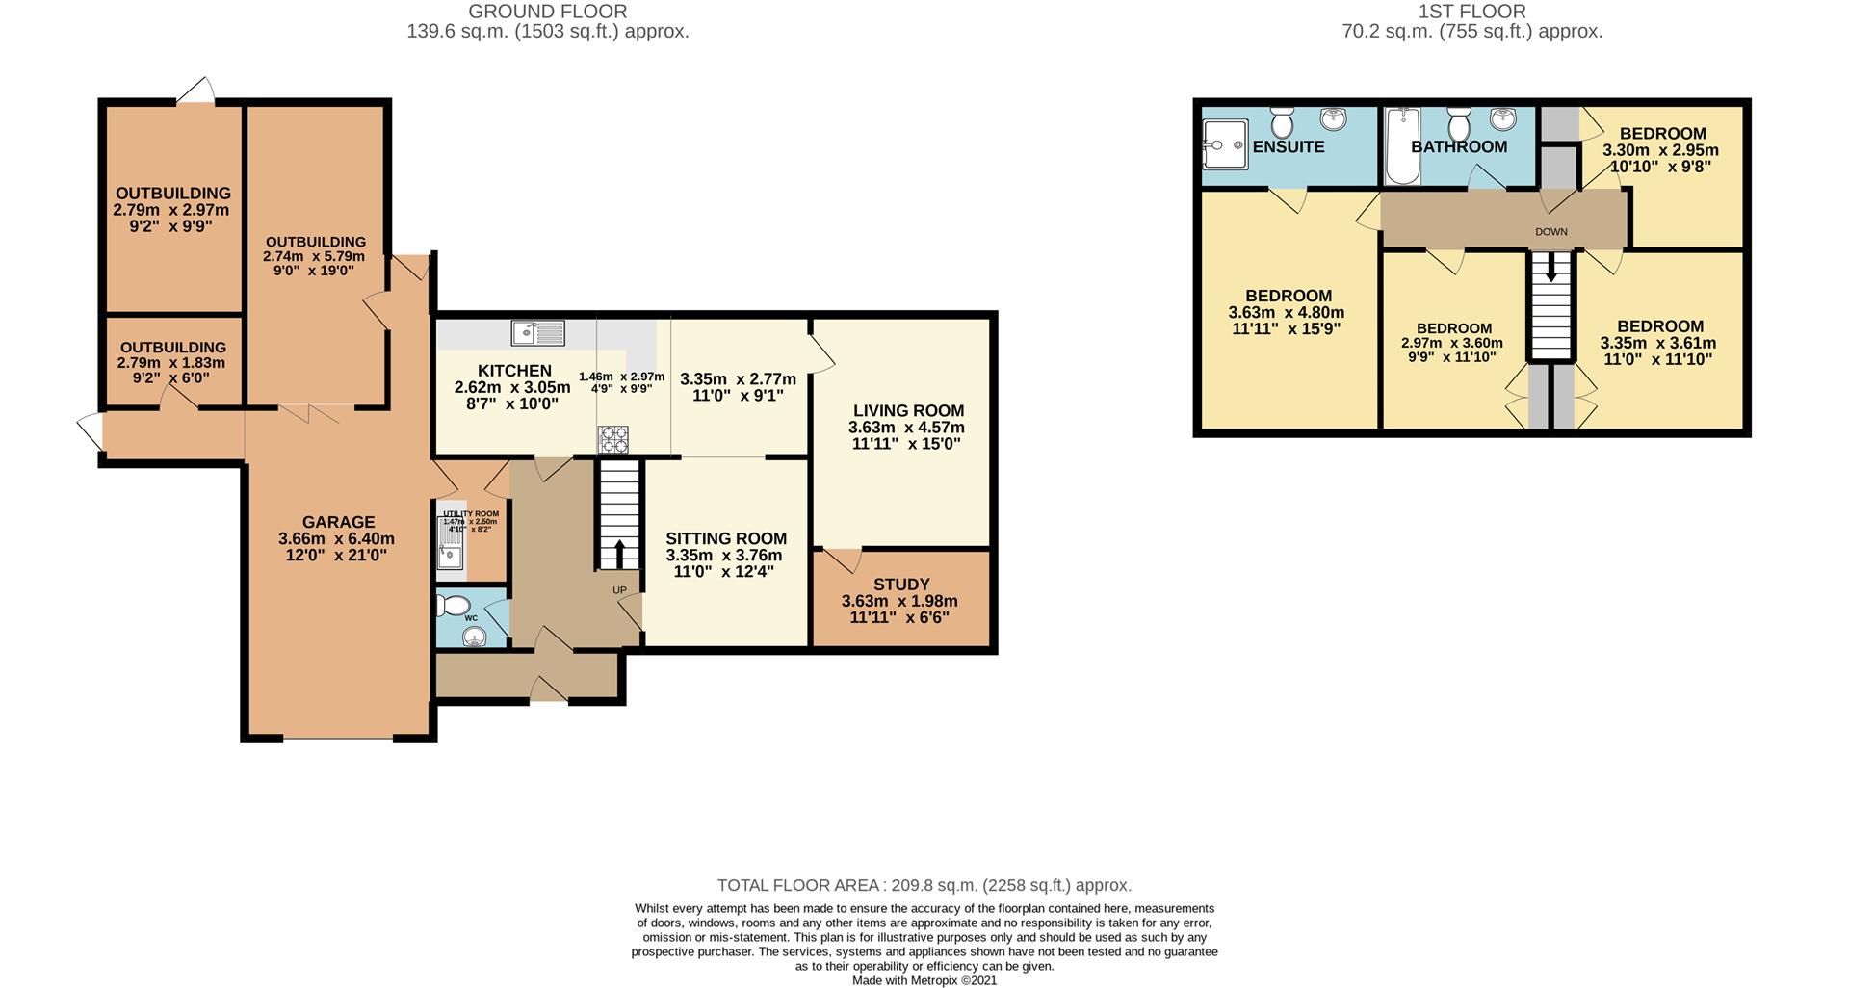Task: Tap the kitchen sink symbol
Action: [538, 333]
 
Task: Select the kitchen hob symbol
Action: [613, 439]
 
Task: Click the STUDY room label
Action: [901, 585]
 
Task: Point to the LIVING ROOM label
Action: [907, 411]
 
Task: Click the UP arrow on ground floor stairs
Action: [617, 553]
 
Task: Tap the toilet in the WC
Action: [450, 605]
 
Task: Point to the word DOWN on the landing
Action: [1550, 232]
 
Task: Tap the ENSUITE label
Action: [1289, 147]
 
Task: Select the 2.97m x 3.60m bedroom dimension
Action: [1452, 344]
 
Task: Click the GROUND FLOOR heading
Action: [547, 12]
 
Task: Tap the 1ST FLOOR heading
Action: [1471, 12]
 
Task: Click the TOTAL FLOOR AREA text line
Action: [924, 885]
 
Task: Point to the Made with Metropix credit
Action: [924, 980]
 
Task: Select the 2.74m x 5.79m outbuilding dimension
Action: [315, 257]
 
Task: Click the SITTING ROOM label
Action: [726, 539]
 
